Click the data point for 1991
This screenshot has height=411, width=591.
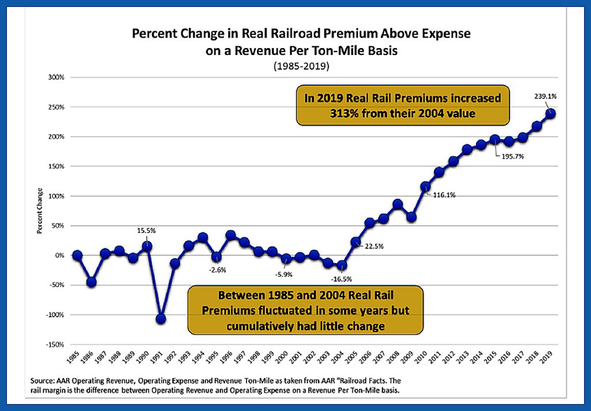161,319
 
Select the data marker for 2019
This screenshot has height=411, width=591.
551,114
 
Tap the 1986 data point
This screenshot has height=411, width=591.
91,282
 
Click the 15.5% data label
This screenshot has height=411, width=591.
147,230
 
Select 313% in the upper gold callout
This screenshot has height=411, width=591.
343,114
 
